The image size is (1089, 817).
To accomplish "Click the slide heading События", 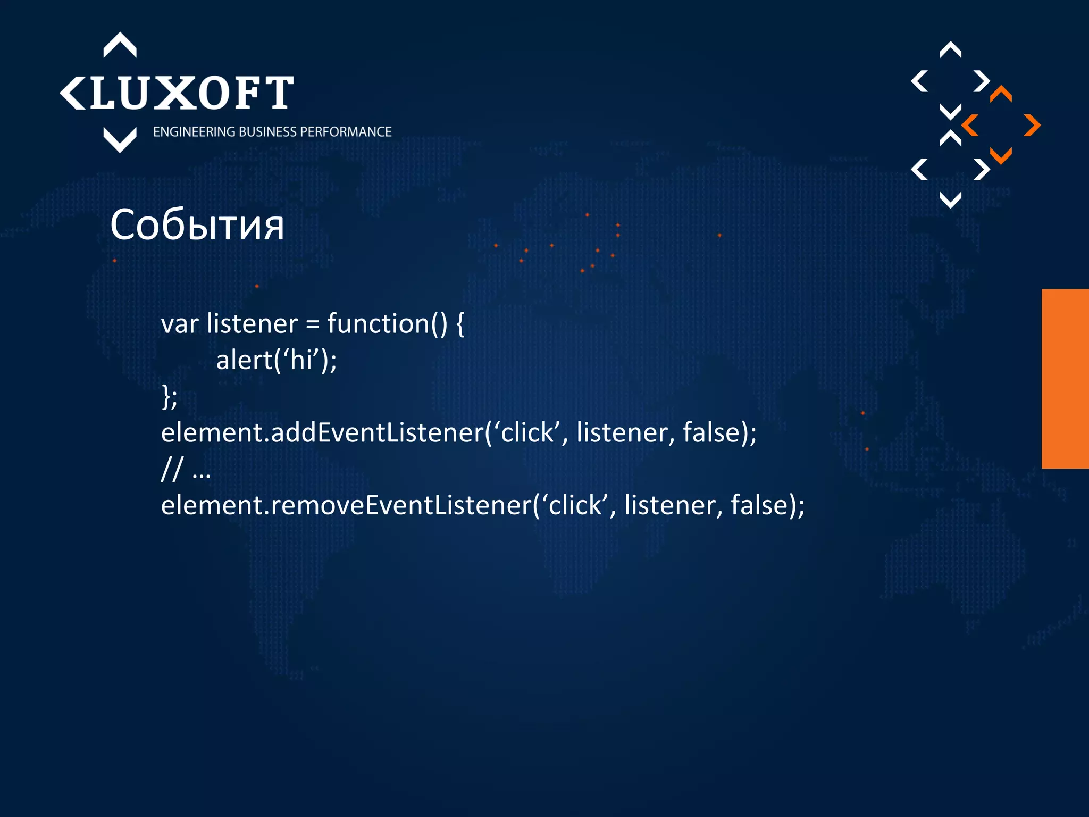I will click(x=197, y=225).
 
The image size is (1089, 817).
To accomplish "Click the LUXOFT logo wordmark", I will click(x=191, y=93).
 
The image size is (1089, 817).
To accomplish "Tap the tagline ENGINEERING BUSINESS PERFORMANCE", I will click(x=272, y=132).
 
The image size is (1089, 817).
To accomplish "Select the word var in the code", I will click(x=180, y=324).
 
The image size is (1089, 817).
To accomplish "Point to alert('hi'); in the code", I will click(x=277, y=360).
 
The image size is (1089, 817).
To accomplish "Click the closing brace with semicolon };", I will click(x=169, y=397).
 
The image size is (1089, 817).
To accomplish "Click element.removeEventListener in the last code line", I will click(x=346, y=505).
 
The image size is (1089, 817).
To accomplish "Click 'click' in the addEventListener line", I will click(x=527, y=432).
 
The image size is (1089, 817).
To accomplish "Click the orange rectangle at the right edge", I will click(x=1065, y=379).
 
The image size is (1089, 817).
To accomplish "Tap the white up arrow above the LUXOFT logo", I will click(x=120, y=45).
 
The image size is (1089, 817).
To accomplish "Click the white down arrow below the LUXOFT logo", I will click(x=120, y=140).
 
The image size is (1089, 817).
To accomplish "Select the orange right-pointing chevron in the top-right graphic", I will click(x=1032, y=126).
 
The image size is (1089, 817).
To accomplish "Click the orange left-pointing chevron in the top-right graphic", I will click(x=970, y=126).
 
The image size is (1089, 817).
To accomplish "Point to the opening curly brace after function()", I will click(x=460, y=324).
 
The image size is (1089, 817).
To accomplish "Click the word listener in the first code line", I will click(x=252, y=324).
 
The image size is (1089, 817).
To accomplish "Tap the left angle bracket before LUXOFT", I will click(x=72, y=94).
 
